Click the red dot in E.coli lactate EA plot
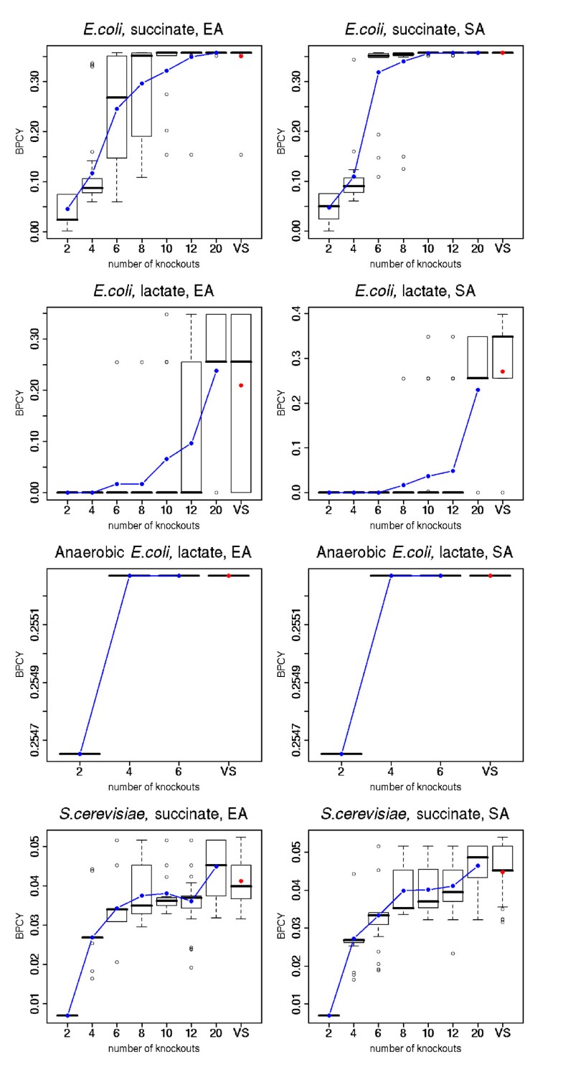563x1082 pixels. (241, 386)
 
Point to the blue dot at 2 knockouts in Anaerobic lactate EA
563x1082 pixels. (80, 754)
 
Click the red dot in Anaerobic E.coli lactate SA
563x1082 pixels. (490, 576)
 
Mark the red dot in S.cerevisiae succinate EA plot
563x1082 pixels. (241, 881)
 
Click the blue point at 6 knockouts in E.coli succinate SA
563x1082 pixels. (379, 72)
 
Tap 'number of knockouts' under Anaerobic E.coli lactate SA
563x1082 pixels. (415, 787)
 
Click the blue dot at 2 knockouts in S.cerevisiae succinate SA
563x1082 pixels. (329, 1015)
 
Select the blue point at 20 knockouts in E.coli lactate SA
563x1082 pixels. (478, 389)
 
